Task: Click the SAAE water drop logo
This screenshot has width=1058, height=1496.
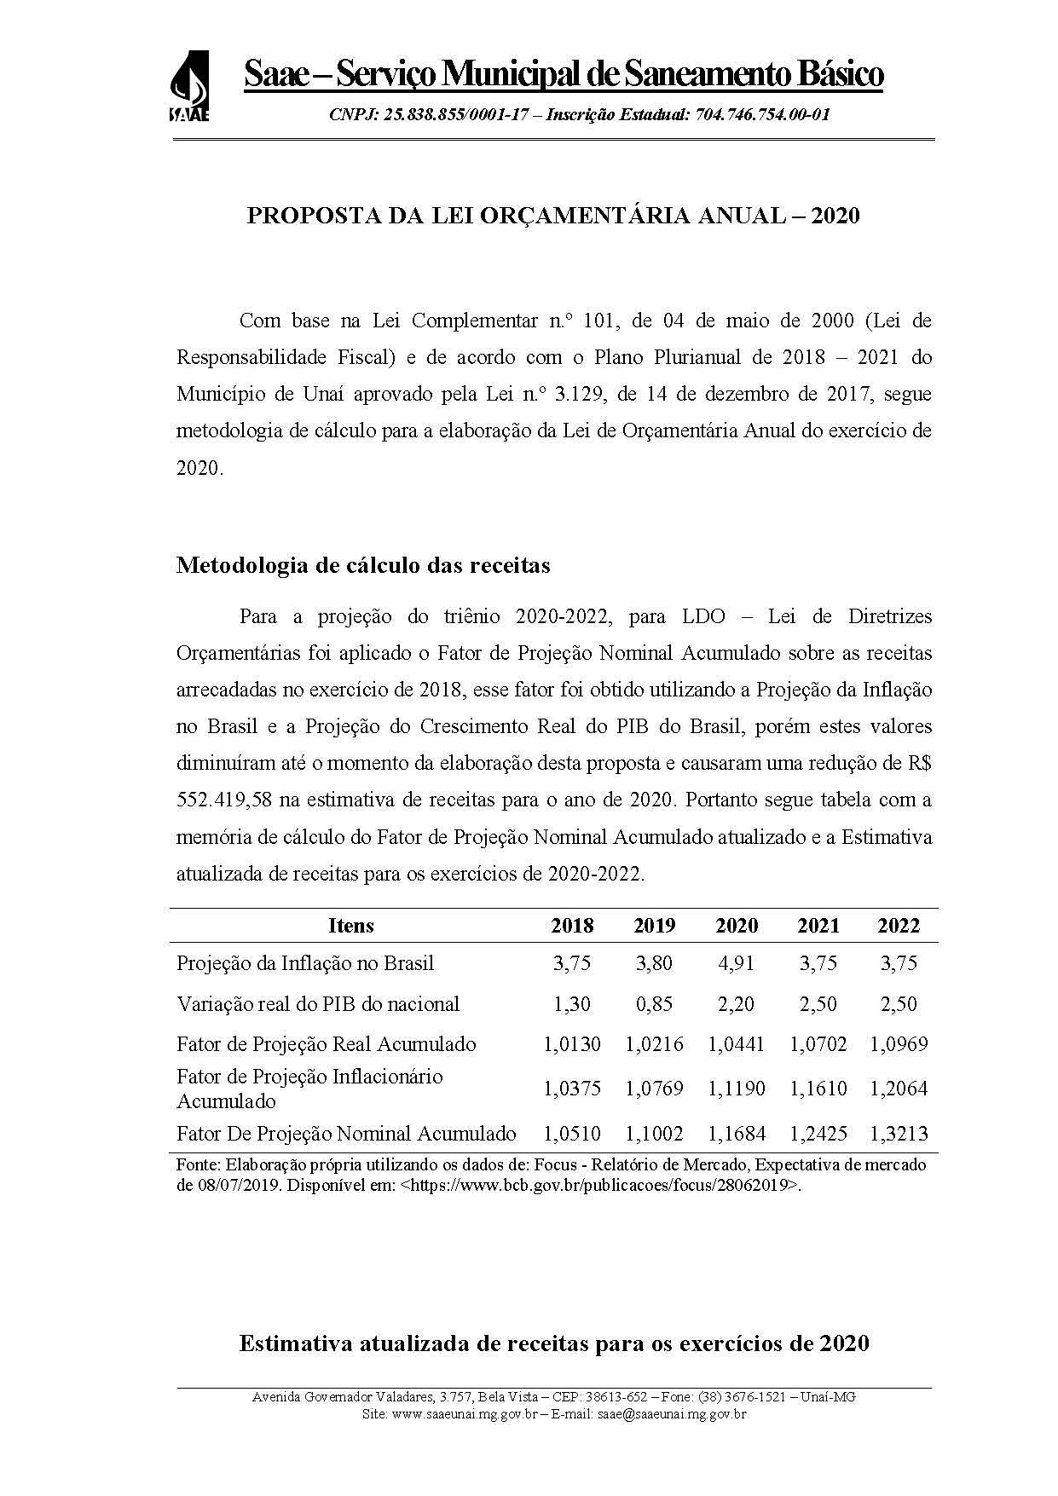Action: click(189, 86)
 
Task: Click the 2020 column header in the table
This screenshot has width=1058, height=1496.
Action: click(737, 926)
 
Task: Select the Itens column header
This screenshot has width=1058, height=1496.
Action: click(350, 926)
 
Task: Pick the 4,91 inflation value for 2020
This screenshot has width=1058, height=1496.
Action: click(737, 963)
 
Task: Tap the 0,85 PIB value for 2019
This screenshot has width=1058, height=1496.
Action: click(654, 1004)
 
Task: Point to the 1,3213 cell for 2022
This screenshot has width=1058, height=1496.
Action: click(899, 1134)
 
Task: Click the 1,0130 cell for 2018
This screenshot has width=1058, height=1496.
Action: click(571, 1044)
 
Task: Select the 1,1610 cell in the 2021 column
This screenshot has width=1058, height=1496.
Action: click(818, 1089)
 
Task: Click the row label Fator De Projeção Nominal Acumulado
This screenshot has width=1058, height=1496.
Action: click(346, 1134)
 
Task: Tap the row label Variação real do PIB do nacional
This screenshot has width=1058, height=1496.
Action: click(318, 1004)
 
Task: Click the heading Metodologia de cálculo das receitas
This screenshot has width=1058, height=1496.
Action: click(362, 565)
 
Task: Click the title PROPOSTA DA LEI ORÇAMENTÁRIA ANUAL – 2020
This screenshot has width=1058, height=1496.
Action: click(552, 216)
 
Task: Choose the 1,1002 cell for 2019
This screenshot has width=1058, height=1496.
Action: click(654, 1134)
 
